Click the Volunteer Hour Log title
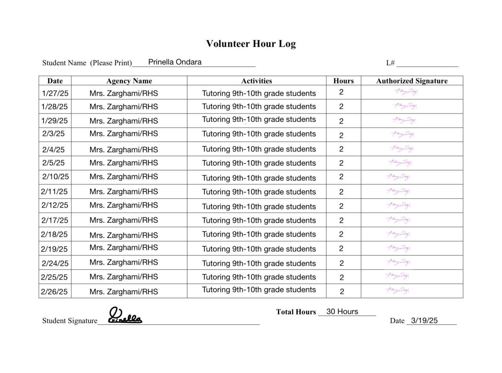pos(251,43)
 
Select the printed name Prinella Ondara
pos(175,62)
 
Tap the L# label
pos(390,63)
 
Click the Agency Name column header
pos(129,81)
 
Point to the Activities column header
pos(256,81)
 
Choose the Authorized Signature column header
pos(412,81)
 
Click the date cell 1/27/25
pos(55,93)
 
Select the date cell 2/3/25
pos(53,133)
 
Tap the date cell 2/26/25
pos(54,292)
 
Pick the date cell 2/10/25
pos(55,177)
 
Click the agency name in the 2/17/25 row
pos(124,220)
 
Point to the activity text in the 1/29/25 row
pos(259,119)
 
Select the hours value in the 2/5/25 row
pos(341,163)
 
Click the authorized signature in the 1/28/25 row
pos(404,106)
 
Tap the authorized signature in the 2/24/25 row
pos(398,261)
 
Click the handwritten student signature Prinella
pos(124,316)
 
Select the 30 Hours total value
pos(342,312)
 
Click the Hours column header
pos(344,81)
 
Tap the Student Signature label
pos(70,321)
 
